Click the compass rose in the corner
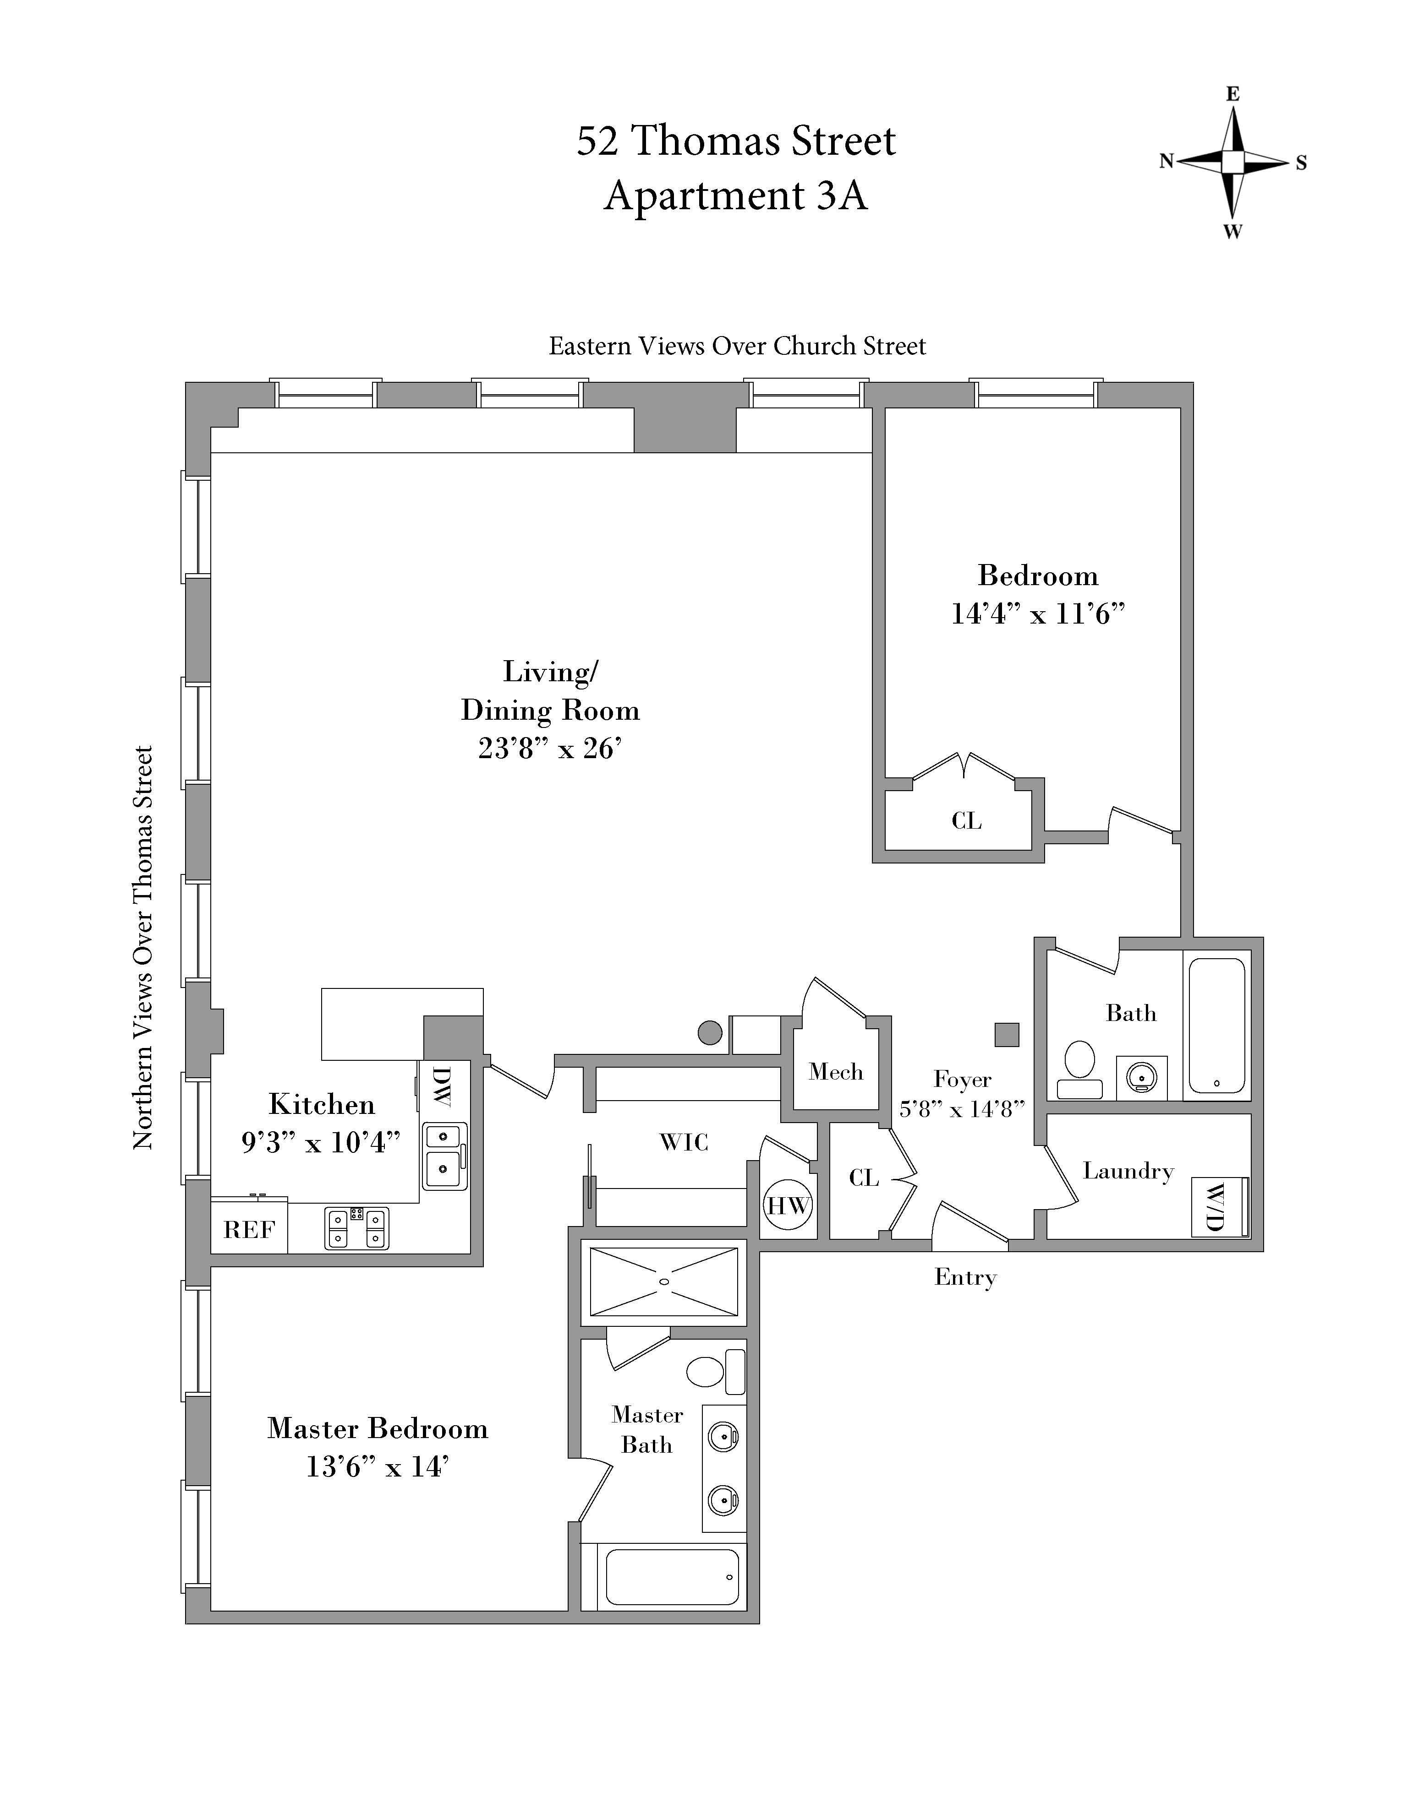(x=1232, y=162)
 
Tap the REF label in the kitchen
(x=248, y=1229)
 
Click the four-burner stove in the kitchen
(x=356, y=1228)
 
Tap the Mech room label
(x=836, y=1072)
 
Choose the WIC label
(x=684, y=1142)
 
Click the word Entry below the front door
(x=965, y=1277)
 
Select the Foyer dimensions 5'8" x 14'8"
(x=962, y=1109)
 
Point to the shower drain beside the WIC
(x=663, y=1282)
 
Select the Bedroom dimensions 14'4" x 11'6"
(x=1037, y=614)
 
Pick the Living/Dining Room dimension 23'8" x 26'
(x=550, y=749)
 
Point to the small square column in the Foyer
(x=1007, y=1034)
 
